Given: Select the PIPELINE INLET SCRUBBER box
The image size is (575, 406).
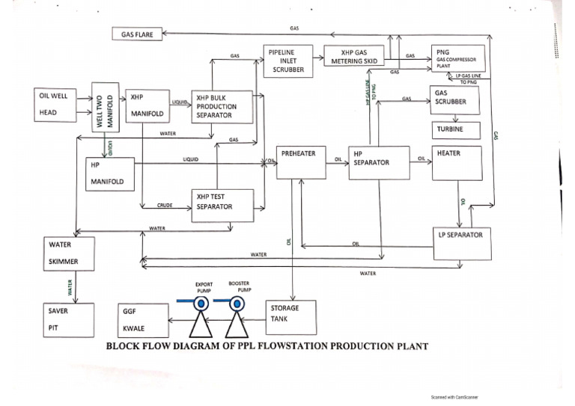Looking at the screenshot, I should tap(287, 61).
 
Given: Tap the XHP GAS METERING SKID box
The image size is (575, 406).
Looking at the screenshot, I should tap(353, 56).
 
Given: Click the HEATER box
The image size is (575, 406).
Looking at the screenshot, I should tap(457, 163).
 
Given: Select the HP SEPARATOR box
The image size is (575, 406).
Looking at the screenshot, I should tap(379, 162).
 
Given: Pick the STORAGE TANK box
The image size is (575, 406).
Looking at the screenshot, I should tap(291, 318).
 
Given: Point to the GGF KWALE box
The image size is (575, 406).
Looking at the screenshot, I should tap(142, 320).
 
